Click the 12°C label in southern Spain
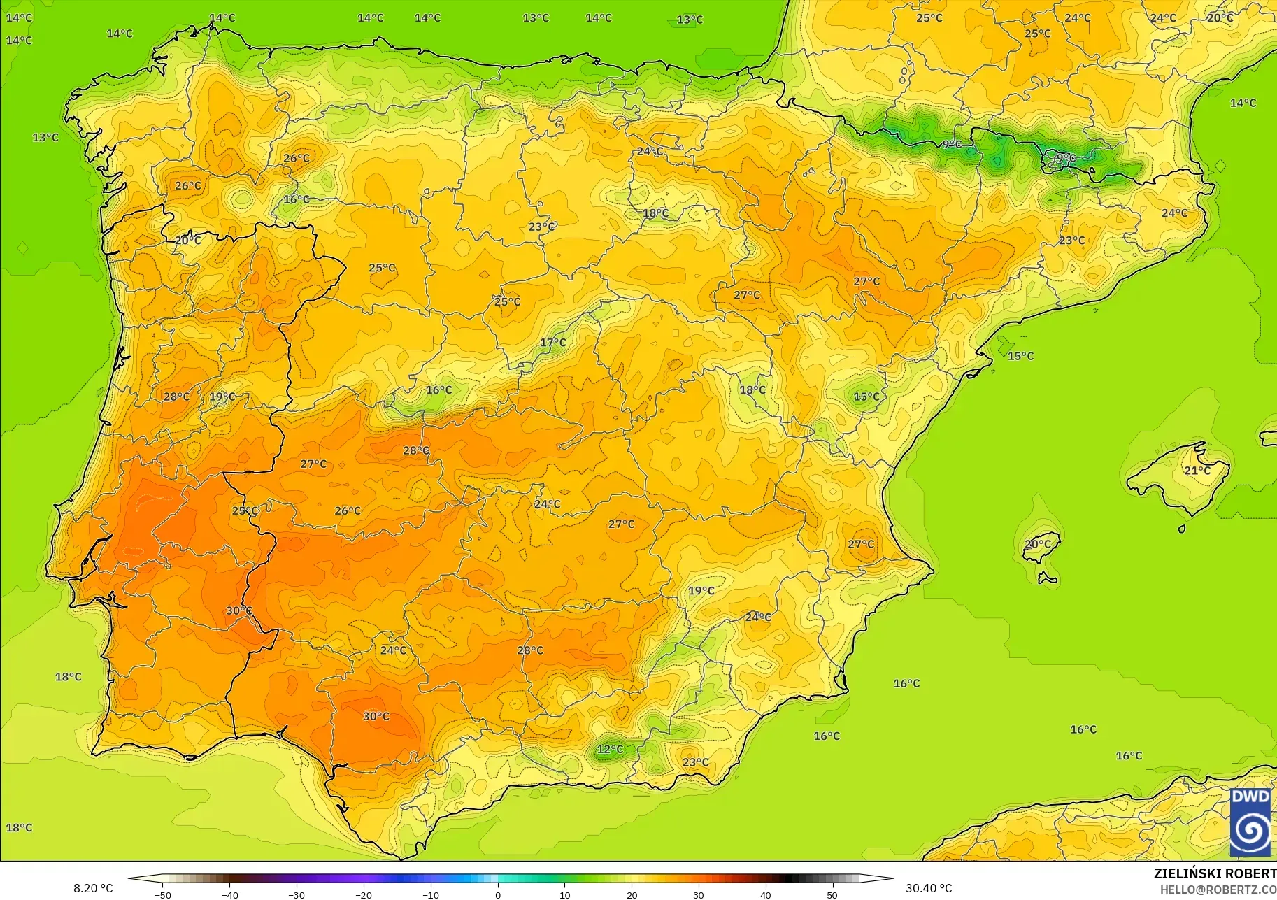610,750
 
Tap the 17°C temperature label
553,343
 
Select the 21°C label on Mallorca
1197,471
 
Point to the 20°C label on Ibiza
1038,544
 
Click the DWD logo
1250,822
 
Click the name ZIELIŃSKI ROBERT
1215,874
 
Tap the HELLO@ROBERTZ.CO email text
1218,890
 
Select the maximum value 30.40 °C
929,888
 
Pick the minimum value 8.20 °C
93,888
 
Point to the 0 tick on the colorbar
497,894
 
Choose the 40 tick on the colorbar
765,894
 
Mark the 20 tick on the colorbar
632,894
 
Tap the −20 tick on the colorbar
363,894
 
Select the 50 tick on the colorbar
832,894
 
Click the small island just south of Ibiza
1047,578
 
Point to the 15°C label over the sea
1020,356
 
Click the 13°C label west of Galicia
45,138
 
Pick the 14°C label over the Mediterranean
1243,103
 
